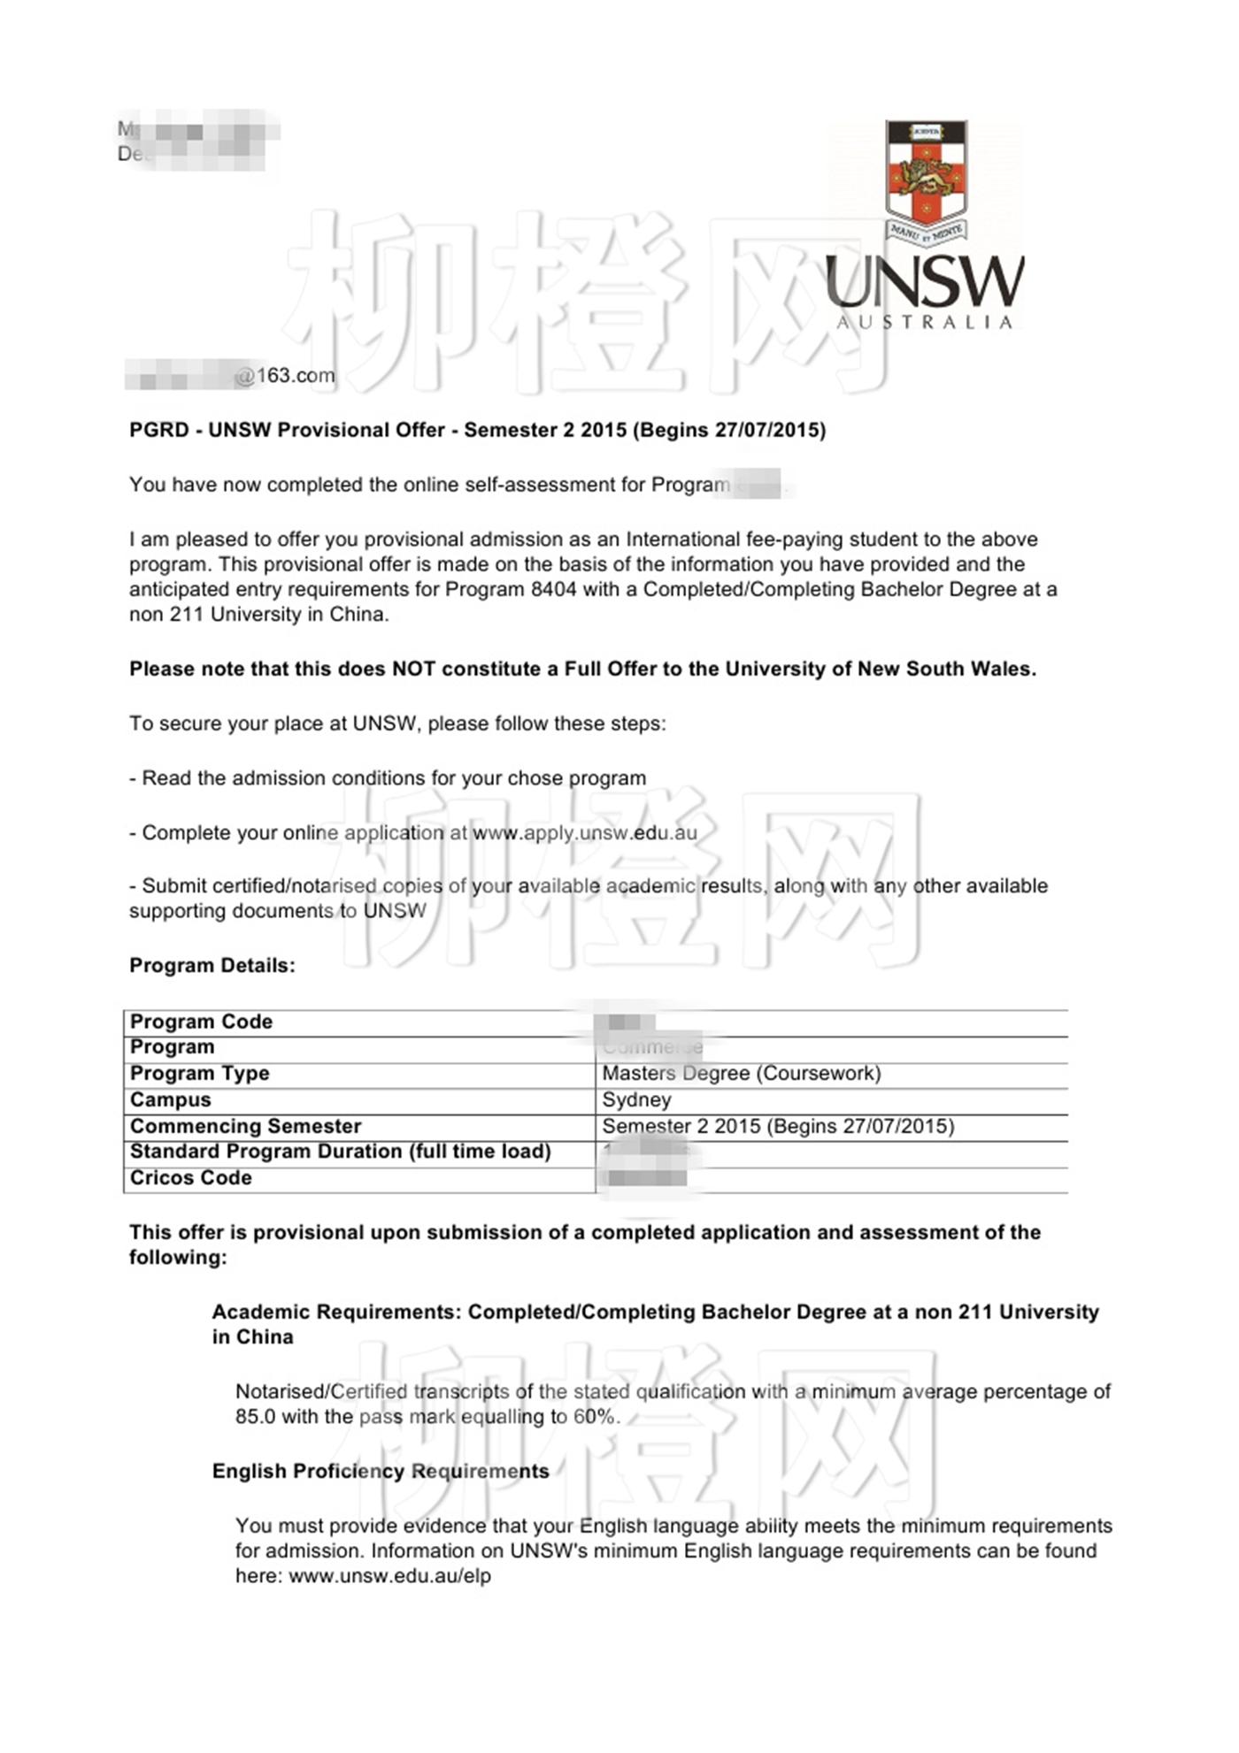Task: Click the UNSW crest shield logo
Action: tap(926, 173)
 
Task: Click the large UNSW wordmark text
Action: tap(924, 282)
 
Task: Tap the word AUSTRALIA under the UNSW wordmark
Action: tap(925, 323)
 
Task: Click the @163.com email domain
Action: tap(286, 376)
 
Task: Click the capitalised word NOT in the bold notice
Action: tap(413, 670)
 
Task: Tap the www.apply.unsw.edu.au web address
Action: tap(584, 833)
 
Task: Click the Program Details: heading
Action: tap(212, 966)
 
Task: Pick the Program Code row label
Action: tap(201, 1022)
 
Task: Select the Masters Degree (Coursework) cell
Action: tap(742, 1074)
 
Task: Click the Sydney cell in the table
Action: tap(636, 1100)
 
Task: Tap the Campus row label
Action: tap(171, 1100)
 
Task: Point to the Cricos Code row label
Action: tap(190, 1178)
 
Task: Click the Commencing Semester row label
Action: tap(245, 1127)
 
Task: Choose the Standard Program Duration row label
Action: tap(340, 1152)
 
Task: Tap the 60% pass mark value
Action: tap(594, 1417)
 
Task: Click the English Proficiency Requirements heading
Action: tap(381, 1472)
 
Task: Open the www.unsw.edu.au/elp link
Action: tap(389, 1576)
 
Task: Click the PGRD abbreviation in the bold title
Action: tap(159, 431)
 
